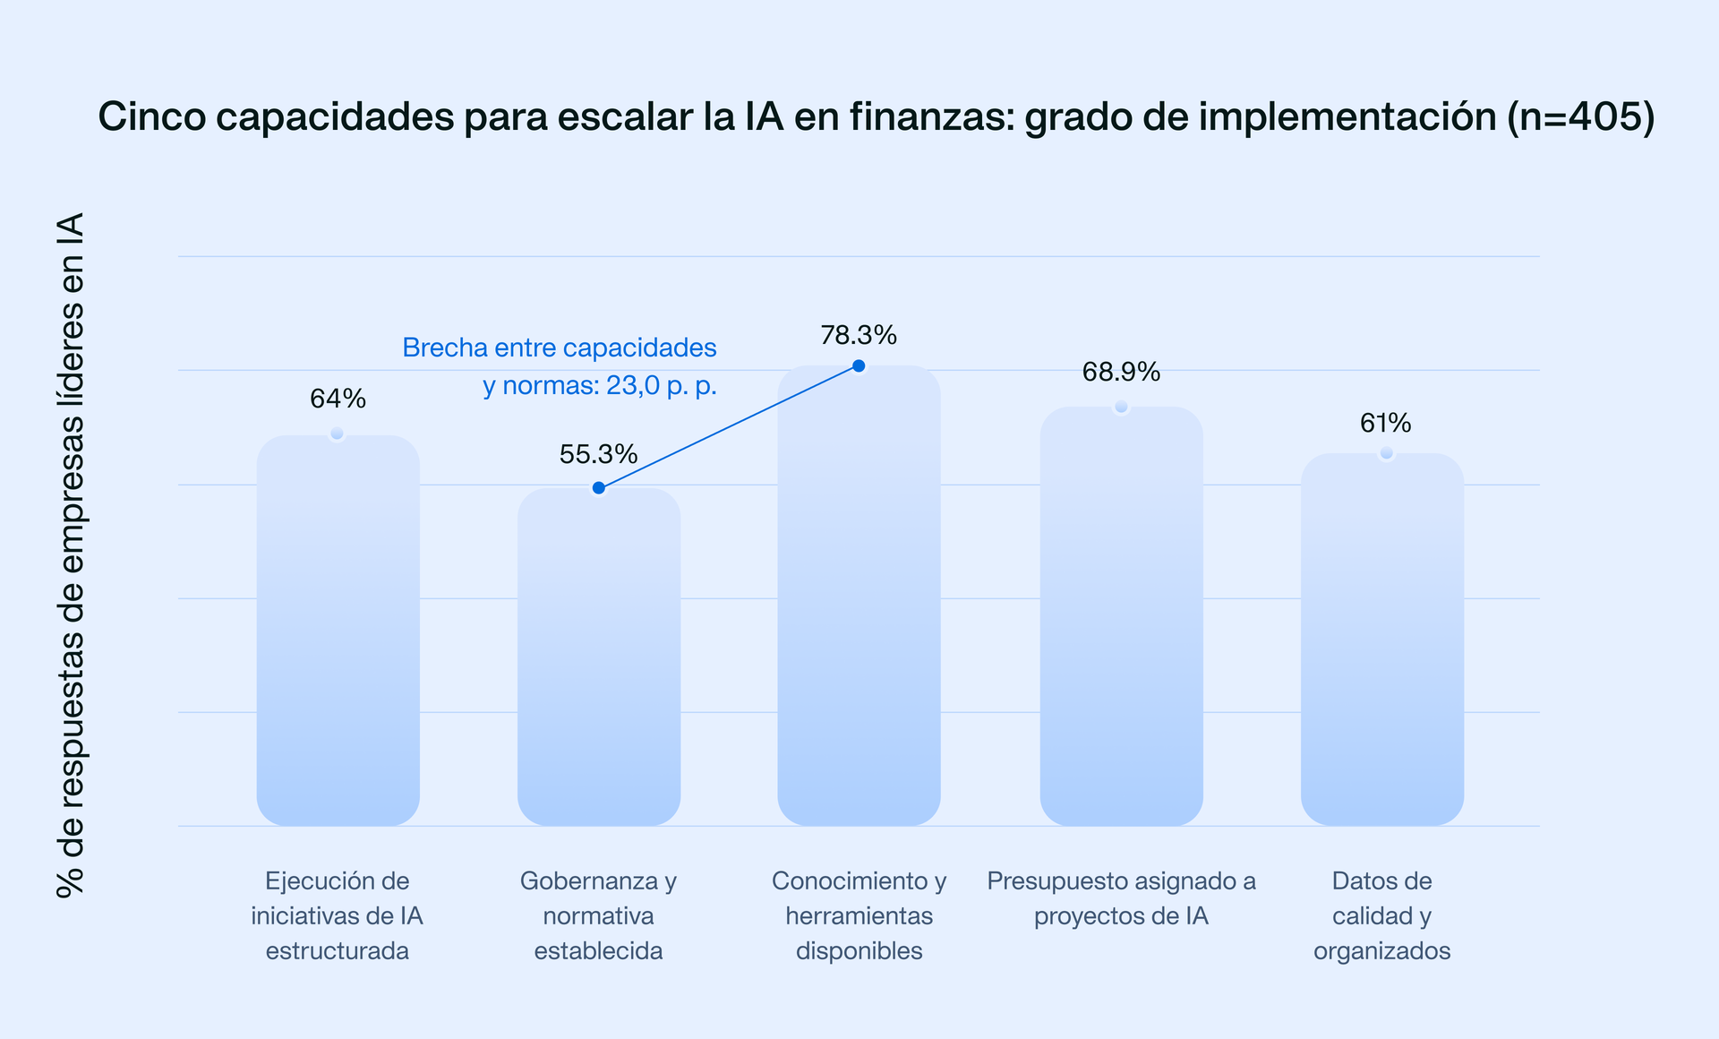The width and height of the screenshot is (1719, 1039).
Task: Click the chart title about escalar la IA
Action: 876,117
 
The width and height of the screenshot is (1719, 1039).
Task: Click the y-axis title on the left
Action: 70,555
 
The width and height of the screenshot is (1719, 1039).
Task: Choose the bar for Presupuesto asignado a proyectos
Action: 1121,618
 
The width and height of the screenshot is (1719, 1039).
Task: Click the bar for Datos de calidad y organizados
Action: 1381,640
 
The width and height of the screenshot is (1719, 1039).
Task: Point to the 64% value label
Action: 338,399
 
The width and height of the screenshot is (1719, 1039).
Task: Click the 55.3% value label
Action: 598,455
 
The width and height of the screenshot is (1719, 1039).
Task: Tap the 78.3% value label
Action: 859,336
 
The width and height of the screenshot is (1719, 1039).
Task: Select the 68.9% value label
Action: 1121,373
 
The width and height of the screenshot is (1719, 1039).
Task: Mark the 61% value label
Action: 1385,424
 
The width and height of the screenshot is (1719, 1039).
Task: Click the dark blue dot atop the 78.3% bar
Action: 859,365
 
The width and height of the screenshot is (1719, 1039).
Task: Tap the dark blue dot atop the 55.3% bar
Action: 599,488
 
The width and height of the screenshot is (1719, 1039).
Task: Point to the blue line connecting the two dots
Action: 729,427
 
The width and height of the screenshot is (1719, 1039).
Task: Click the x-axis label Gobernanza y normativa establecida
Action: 598,915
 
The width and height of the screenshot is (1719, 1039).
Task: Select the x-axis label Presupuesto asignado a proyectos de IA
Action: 1121,898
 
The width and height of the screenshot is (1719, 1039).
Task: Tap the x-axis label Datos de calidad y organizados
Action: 1381,915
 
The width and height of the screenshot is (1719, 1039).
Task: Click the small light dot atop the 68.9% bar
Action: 1121,407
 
